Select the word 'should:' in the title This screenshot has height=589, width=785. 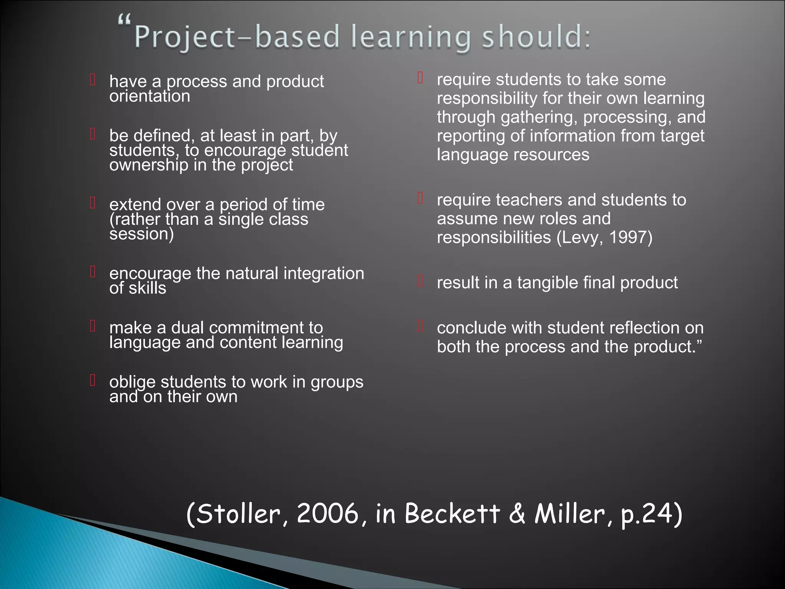click(x=536, y=37)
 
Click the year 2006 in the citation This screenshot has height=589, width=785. click(x=328, y=513)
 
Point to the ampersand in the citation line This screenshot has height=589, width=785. click(x=517, y=513)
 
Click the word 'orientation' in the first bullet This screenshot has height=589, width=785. click(x=149, y=96)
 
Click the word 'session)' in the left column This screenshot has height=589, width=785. click(x=141, y=234)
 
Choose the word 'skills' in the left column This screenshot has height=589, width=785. click(x=147, y=288)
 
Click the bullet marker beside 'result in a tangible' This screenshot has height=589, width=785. click(x=420, y=281)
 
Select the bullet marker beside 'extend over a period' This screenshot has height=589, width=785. click(x=93, y=202)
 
